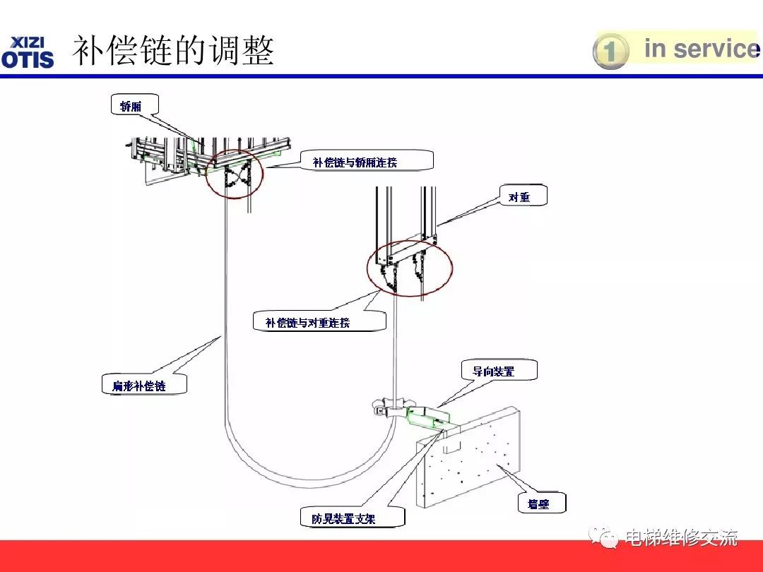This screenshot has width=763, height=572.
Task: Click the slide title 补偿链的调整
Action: (174, 51)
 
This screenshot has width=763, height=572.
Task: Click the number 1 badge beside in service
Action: (610, 52)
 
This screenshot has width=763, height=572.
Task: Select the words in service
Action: (700, 49)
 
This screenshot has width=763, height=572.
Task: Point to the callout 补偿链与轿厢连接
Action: (355, 162)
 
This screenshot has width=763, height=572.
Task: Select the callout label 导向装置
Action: (494, 371)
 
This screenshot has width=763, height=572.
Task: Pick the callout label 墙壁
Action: (538, 504)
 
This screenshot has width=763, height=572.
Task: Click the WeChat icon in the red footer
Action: (605, 538)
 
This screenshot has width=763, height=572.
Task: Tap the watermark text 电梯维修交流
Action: (681, 538)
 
